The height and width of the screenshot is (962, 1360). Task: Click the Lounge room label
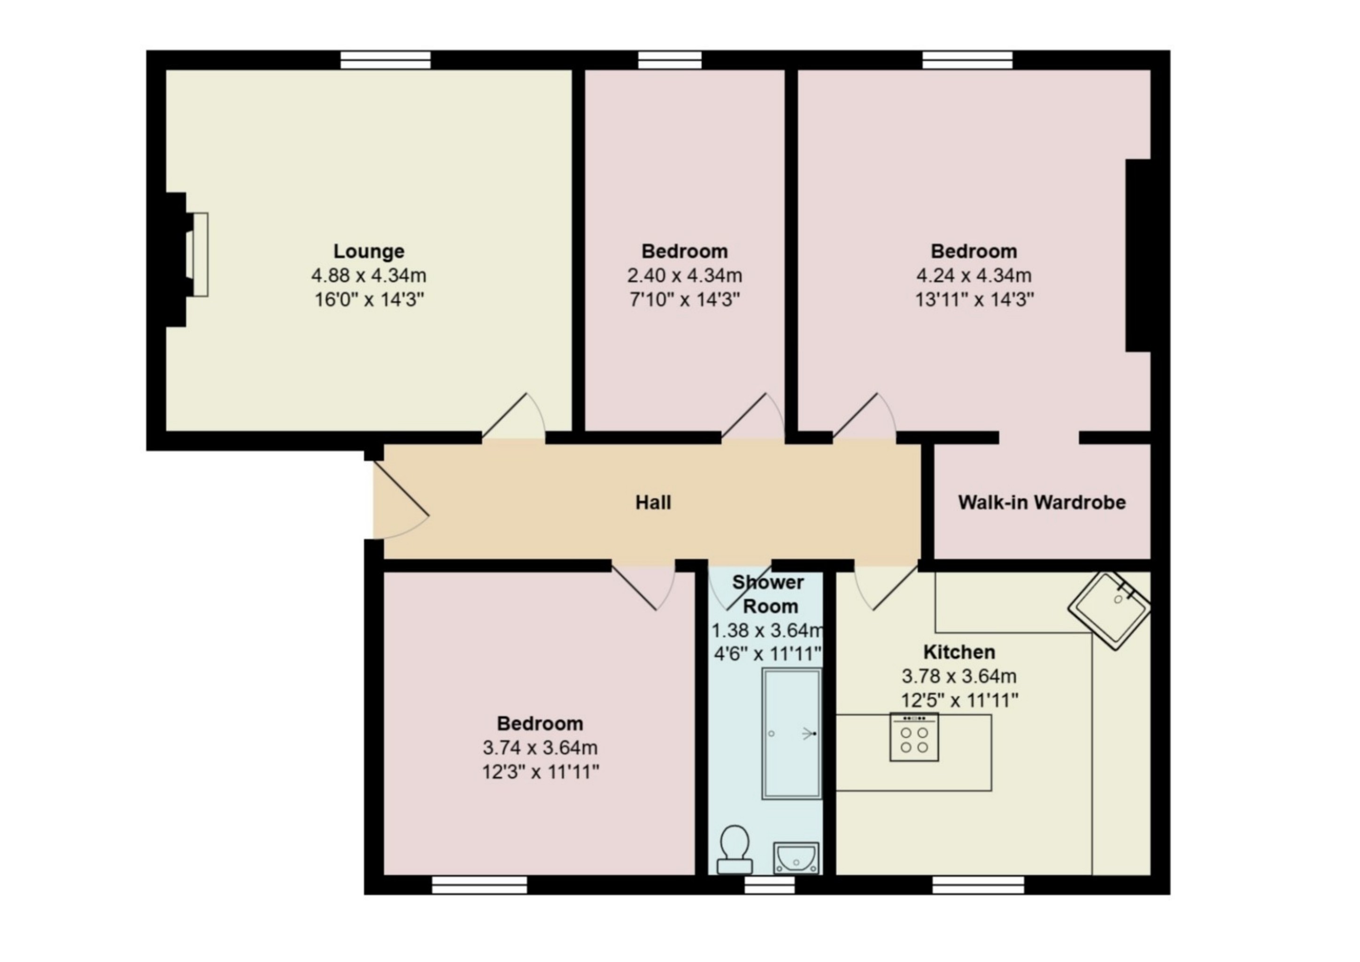pos(369,251)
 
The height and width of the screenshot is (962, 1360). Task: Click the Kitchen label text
pos(959,652)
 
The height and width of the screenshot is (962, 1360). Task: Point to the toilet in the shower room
pos(735,850)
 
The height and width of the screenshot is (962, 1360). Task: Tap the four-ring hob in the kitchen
pos(914,737)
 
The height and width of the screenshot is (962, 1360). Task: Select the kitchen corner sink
pos(1109,611)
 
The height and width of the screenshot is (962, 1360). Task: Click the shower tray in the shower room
pos(792,734)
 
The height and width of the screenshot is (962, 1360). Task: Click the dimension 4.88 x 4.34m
pos(369,275)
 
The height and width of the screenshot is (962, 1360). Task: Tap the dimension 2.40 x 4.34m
pos(685,275)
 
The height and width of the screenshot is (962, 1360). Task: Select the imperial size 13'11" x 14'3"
pos(974,300)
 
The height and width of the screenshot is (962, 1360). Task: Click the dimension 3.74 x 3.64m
pos(540,747)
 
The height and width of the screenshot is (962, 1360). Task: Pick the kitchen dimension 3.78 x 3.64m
pos(959,676)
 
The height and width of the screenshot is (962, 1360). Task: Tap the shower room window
pos(769,885)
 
